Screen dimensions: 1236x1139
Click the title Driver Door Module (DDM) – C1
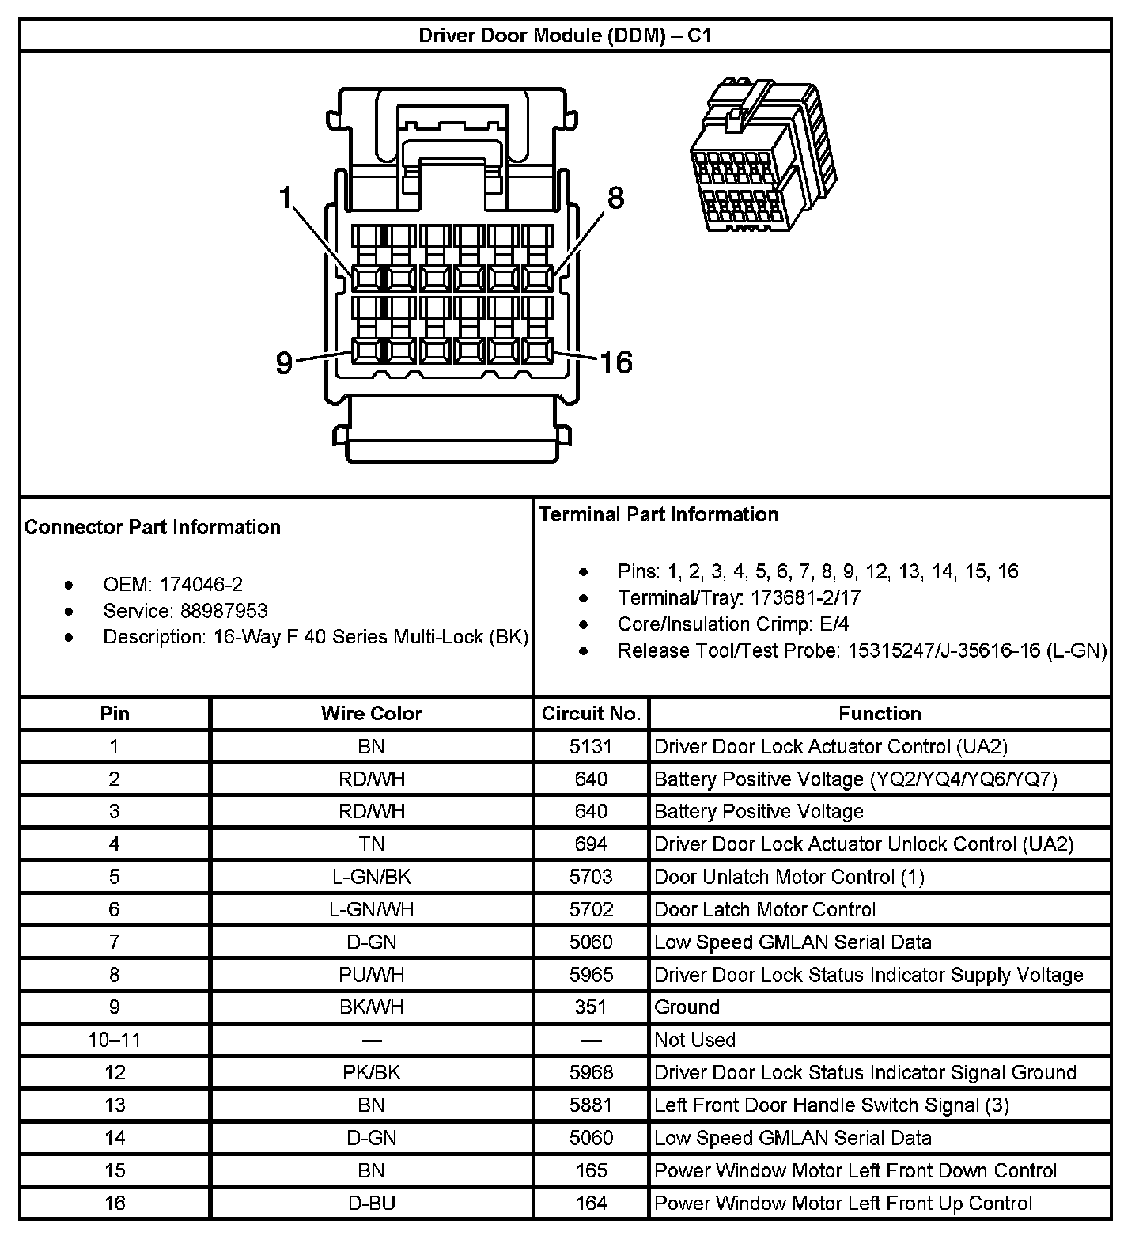click(565, 36)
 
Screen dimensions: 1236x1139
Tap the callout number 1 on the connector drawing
click(286, 198)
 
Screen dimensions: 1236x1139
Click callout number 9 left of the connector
click(284, 362)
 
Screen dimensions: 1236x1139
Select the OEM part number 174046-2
click(201, 585)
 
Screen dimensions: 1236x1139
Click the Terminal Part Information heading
click(658, 514)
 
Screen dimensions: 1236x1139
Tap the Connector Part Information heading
click(153, 527)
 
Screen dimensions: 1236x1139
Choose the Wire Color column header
click(372, 713)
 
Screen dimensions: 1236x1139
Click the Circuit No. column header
click(591, 713)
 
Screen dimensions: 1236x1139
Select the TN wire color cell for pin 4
click(372, 844)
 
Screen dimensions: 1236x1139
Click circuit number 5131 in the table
click(591, 746)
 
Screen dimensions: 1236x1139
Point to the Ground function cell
click(687, 1007)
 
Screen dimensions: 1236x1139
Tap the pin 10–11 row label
click(115, 1040)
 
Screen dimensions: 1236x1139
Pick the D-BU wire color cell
click(372, 1203)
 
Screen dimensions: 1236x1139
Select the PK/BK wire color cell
click(372, 1072)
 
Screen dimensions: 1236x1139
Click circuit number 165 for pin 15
click(591, 1170)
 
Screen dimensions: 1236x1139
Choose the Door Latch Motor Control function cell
click(764, 909)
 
